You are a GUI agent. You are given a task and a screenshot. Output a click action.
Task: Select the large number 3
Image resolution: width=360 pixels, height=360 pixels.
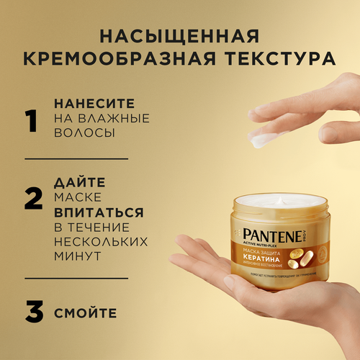32,315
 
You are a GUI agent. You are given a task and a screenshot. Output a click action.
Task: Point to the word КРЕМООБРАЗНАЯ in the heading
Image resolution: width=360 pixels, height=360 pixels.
127,60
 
